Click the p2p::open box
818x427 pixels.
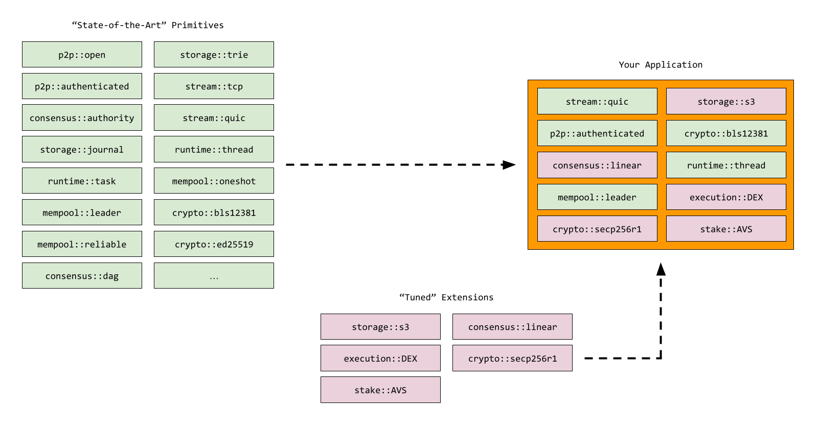82,55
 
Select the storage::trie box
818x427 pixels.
214,55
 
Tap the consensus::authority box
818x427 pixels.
82,118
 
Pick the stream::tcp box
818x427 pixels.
214,86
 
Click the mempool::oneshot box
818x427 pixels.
214,181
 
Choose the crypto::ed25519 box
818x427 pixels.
214,244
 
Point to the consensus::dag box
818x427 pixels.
82,276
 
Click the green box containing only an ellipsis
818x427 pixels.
214,276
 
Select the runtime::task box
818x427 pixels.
82,181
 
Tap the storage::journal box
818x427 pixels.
82,149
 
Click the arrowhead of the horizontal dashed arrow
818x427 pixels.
509,164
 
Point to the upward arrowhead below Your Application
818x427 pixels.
661,269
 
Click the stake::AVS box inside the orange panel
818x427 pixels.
726,229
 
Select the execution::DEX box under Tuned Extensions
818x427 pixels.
380,358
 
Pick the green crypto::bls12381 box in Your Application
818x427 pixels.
726,133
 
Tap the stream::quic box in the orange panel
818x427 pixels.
597,101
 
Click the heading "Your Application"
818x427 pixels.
661,64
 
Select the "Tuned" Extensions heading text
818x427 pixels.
446,297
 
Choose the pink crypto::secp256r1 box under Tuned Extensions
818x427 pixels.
512,358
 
